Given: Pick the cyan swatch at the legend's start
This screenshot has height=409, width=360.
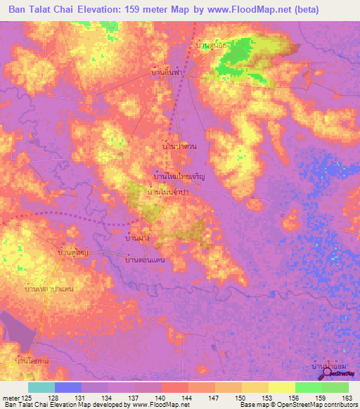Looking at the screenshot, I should [x=41, y=387].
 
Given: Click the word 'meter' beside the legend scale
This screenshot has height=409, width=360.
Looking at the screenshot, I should [x=11, y=398].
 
